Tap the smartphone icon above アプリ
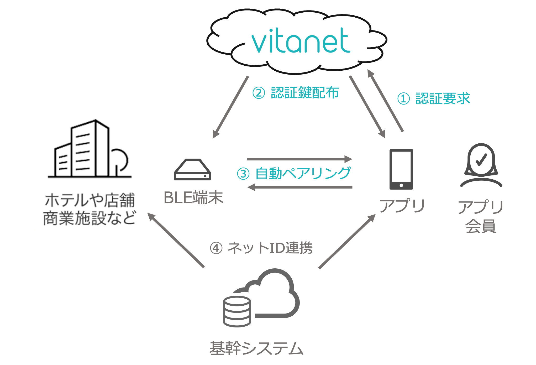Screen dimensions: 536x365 (401, 169)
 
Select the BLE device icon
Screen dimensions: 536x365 (192, 169)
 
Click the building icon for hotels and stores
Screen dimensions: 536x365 (89, 149)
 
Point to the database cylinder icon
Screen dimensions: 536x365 (237, 311)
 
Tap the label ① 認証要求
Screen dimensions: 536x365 (433, 98)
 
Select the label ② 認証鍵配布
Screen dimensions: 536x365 (296, 93)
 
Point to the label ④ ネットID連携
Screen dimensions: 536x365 (261, 248)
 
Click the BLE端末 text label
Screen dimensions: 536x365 (193, 197)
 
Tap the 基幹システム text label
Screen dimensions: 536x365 (256, 348)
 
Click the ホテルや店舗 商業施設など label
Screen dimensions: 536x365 (89, 209)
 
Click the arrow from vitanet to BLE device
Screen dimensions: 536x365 (230, 107)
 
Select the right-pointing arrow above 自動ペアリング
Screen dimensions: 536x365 (300, 159)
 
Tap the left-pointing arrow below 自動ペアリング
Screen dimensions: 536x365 (300, 187)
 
